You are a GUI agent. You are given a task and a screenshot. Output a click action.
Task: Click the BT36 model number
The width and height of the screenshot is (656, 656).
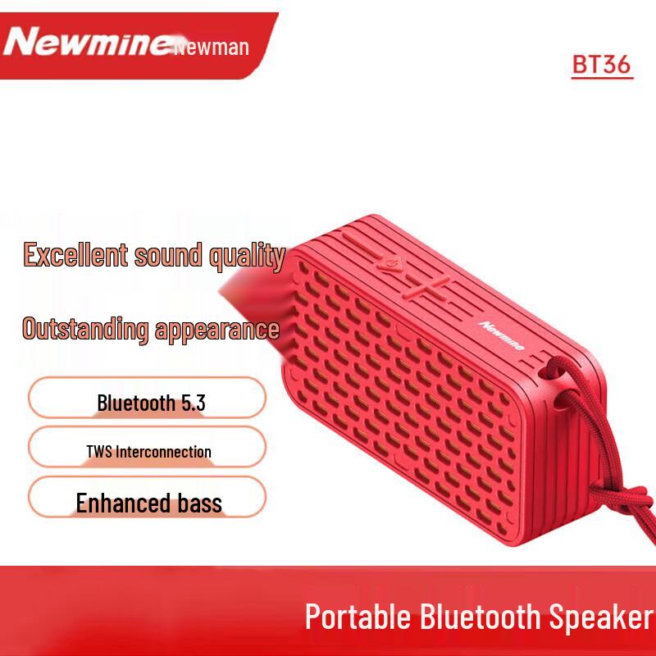coord(602,65)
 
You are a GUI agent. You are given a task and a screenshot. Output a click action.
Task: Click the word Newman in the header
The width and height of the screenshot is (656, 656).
coord(212,48)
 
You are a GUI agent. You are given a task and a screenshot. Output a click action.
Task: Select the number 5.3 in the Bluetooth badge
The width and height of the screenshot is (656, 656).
coord(192,403)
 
